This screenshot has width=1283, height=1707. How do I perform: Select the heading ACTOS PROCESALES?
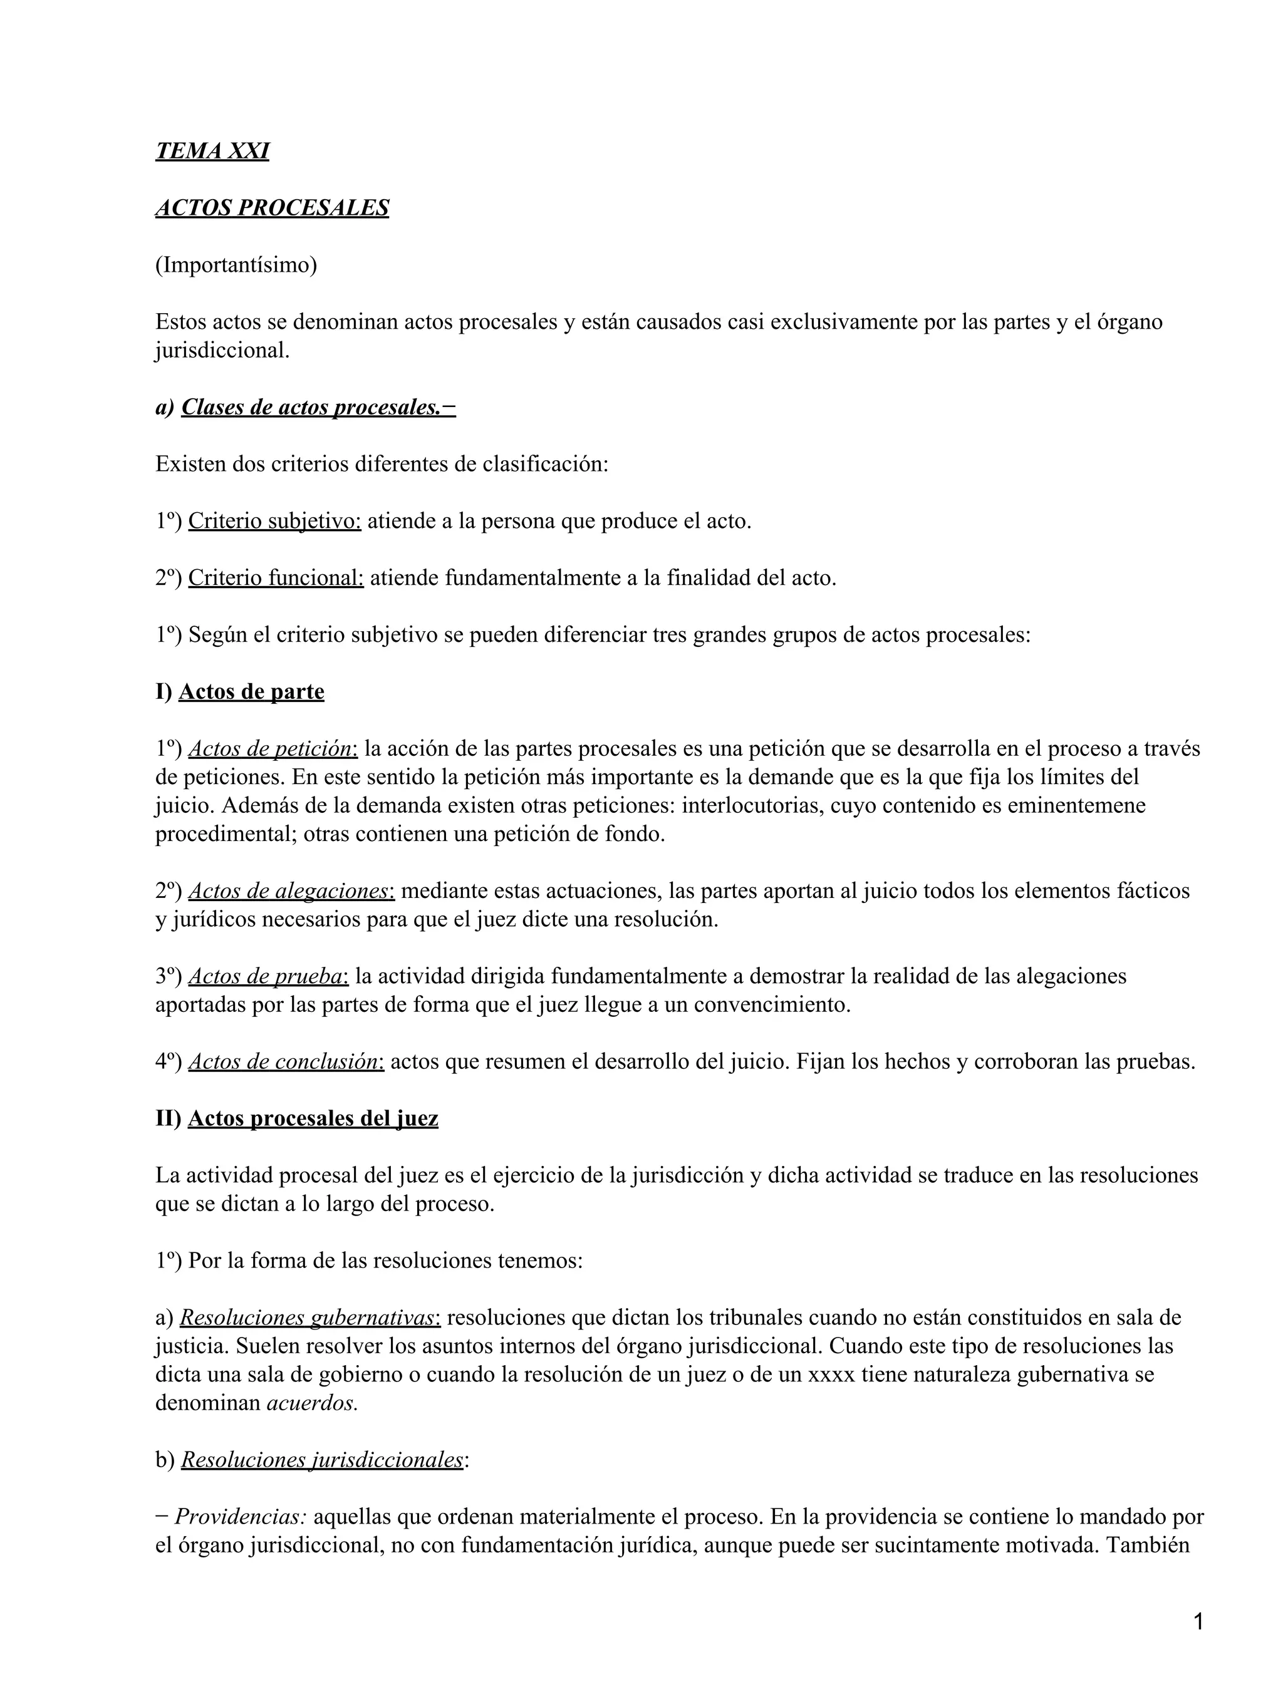[x=272, y=208]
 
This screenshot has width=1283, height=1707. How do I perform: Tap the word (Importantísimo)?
[x=236, y=265]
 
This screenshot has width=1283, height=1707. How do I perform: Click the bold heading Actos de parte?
[x=251, y=691]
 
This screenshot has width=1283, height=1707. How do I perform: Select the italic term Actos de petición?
[x=273, y=748]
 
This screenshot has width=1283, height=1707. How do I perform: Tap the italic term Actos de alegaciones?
[x=291, y=890]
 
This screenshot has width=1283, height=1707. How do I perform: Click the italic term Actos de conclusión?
[x=286, y=1062]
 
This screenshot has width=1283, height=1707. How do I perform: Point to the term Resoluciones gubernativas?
[x=309, y=1318]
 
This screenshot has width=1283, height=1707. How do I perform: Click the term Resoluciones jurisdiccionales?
[x=322, y=1460]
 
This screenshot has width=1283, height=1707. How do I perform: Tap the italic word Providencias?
[x=241, y=1517]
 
